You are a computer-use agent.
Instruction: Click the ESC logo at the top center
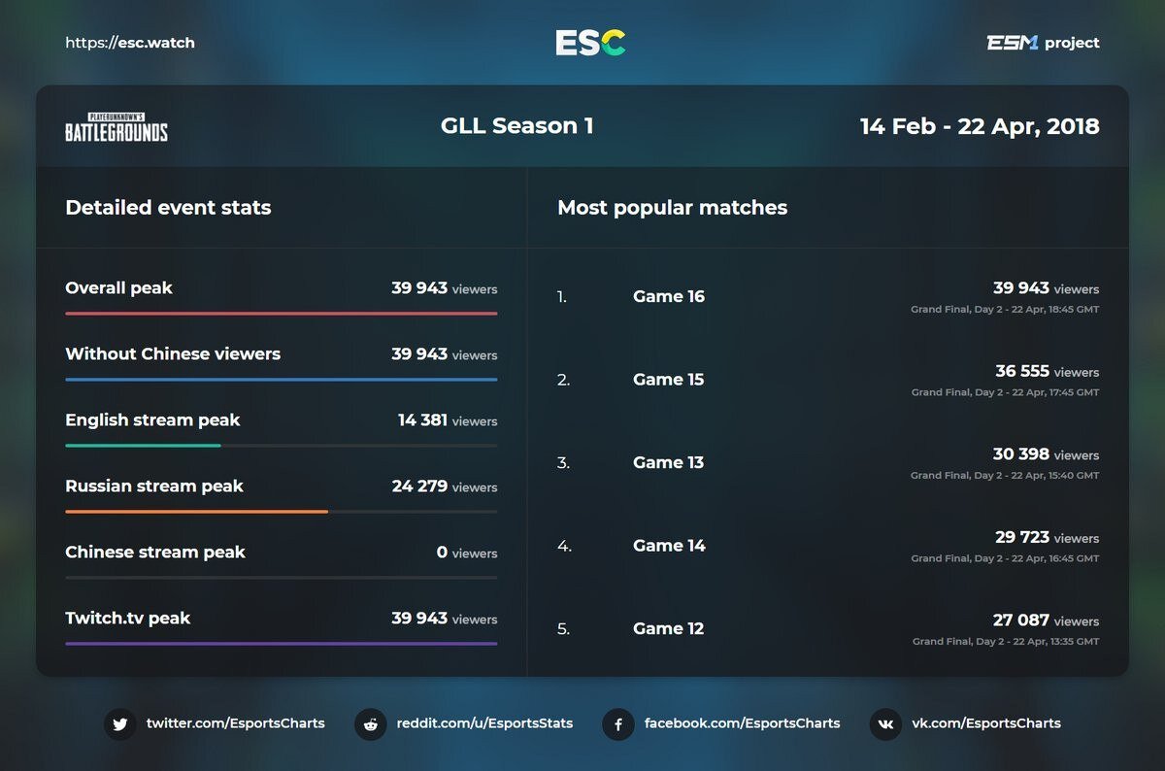coord(590,43)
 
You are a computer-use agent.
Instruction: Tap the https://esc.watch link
coord(130,43)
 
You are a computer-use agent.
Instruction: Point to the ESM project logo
coord(1043,43)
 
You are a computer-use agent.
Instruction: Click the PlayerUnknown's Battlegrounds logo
coord(116,127)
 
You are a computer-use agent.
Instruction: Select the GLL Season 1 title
coord(516,126)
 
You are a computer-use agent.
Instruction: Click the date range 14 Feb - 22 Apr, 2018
coord(980,126)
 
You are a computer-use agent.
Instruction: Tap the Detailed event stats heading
coord(168,208)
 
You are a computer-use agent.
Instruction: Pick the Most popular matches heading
coord(672,208)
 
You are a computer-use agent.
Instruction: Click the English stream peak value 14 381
coord(422,420)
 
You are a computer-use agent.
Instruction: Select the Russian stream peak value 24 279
coord(419,486)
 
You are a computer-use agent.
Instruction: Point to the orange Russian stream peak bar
coord(196,511)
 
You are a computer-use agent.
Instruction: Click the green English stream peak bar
coord(143,445)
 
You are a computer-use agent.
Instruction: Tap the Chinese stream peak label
coord(155,553)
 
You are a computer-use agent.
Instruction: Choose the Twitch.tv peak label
coord(128,619)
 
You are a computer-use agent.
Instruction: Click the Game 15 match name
coord(668,380)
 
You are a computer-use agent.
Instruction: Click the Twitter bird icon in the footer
coord(120,724)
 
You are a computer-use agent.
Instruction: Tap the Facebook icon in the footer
coord(618,724)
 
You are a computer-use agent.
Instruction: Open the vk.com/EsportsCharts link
coord(985,723)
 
